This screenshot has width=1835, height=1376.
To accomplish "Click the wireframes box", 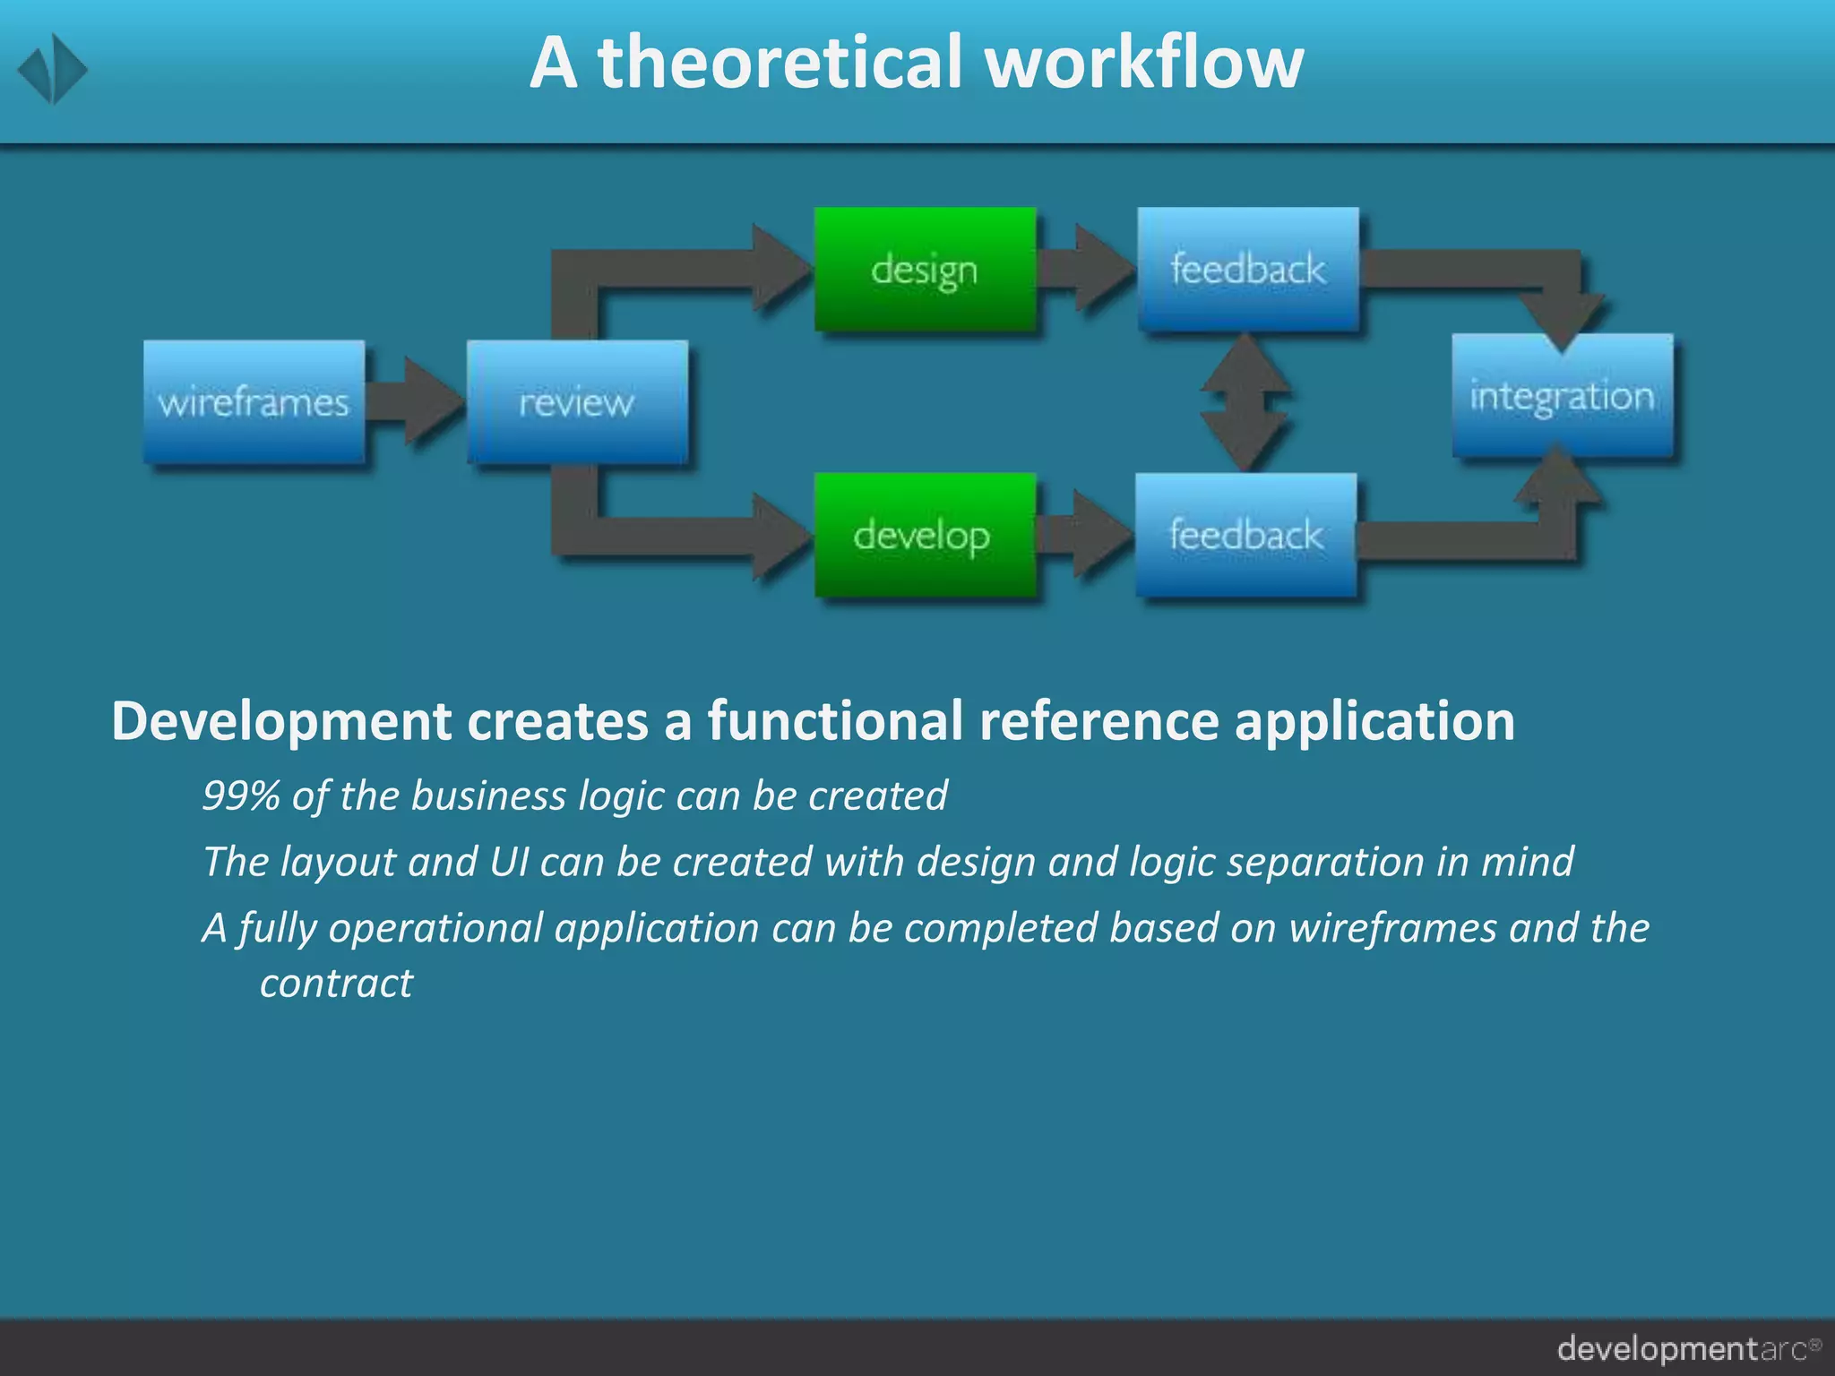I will click(x=254, y=401).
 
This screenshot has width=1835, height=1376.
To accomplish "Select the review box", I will click(x=577, y=401).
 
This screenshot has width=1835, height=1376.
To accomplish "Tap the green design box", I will click(x=925, y=269).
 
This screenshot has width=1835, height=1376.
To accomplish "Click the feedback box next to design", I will click(x=1248, y=269).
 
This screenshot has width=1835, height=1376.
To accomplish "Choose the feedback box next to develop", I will click(x=1245, y=535).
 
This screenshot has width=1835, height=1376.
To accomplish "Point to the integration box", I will click(x=1562, y=395).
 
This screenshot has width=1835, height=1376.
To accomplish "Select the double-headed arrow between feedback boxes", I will click(x=1245, y=402).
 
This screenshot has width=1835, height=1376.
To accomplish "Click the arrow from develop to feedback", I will click(x=1084, y=535).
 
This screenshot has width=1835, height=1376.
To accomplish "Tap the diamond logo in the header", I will click(x=52, y=69).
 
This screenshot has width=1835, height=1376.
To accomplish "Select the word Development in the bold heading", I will click(x=281, y=720).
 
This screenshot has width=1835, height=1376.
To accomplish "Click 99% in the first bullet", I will click(x=240, y=795).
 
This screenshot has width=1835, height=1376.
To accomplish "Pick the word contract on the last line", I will click(x=336, y=984).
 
